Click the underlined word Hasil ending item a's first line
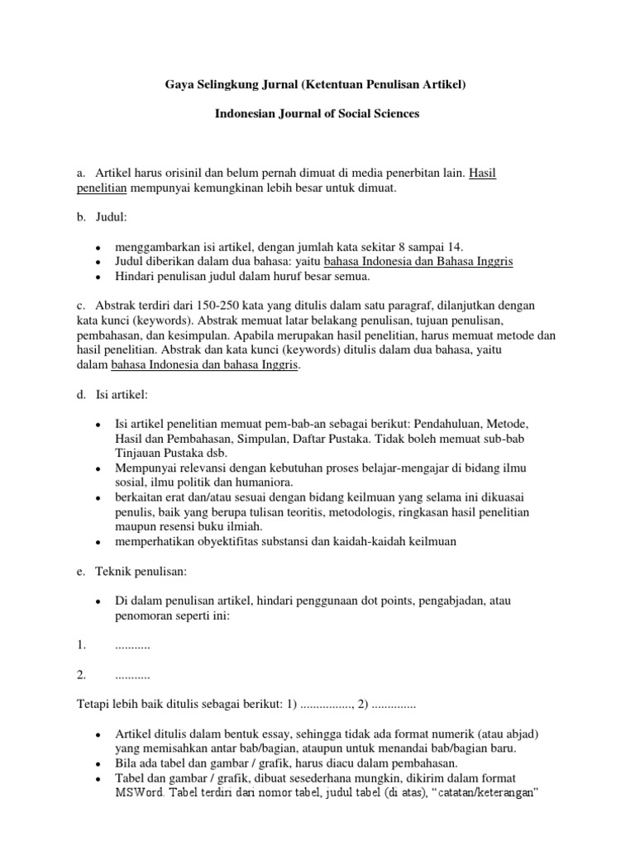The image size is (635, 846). click(482, 173)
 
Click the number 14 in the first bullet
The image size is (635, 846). click(456, 246)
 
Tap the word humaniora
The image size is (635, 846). click(262, 482)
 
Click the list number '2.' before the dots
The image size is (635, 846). click(81, 675)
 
